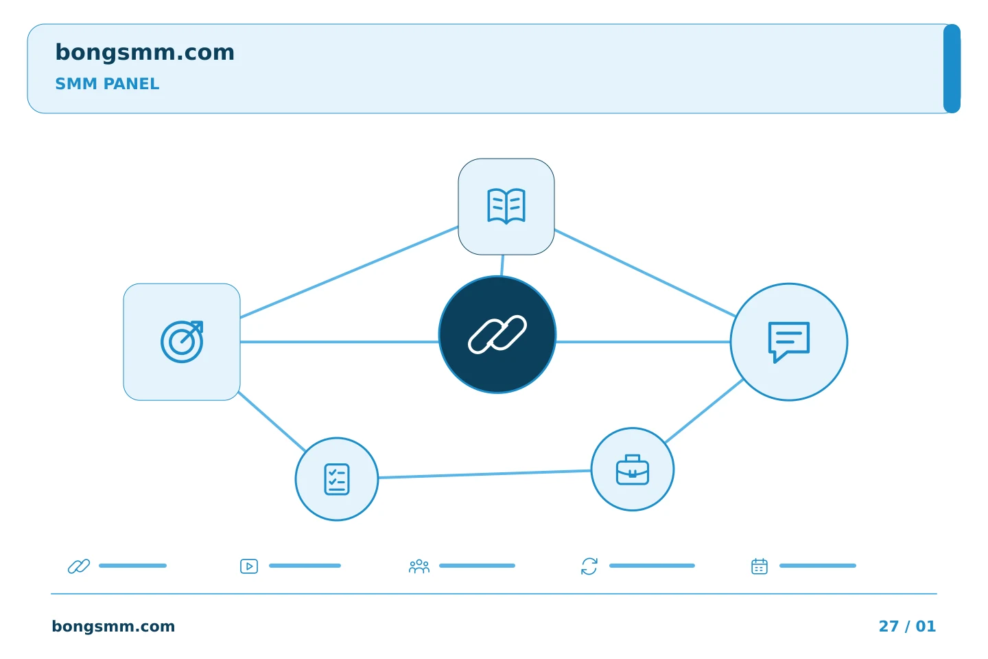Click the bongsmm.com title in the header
pos(145,53)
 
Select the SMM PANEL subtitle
pos(107,84)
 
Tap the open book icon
pos(506,206)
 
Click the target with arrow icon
pos(182,342)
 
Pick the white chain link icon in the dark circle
pos(497,334)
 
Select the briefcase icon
pos(632,470)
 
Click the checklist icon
pos(336,479)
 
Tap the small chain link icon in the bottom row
pos(79,566)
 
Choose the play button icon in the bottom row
pos(249,566)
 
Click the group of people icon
pos(419,566)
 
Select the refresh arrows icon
pos(589,566)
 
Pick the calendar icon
pos(759,566)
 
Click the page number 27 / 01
pos(907,626)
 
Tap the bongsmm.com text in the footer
pos(113,626)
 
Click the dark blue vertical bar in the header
pos(952,69)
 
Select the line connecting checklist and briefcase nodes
pos(484,474)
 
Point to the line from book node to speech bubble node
pos(645,273)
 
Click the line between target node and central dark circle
pos(339,342)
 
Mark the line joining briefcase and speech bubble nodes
pos(704,411)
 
